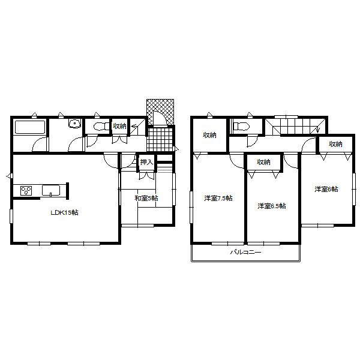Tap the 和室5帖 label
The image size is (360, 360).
point(146,198)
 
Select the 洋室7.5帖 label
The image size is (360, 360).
point(218,198)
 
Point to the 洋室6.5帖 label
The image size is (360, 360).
point(271,206)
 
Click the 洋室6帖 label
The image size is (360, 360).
point(326,189)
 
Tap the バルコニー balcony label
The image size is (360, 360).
point(245,253)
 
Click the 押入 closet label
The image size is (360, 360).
point(146,162)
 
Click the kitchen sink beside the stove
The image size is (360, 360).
point(51,191)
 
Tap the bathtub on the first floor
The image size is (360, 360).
point(28,128)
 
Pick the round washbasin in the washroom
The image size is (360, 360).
point(74,125)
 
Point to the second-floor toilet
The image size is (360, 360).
point(241,127)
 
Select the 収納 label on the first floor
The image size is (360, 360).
point(119,126)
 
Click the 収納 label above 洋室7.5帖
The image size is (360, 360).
point(209,135)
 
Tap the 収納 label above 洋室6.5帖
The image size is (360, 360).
point(263,161)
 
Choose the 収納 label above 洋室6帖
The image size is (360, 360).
point(335,144)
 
